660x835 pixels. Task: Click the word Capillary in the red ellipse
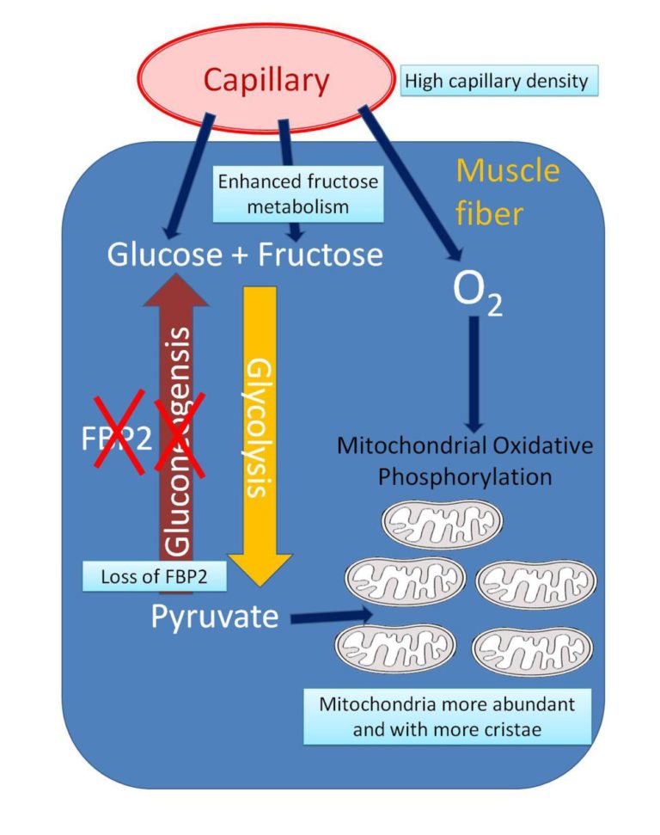click(x=266, y=81)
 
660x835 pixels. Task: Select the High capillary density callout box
click(x=497, y=82)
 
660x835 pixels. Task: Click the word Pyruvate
click(x=215, y=617)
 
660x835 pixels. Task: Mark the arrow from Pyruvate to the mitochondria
click(x=331, y=616)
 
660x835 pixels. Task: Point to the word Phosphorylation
click(x=465, y=476)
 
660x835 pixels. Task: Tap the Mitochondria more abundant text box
click(x=448, y=715)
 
